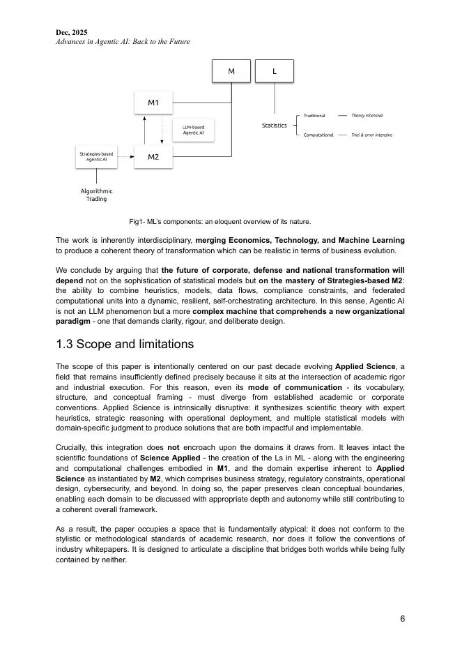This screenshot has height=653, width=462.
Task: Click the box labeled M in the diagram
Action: click(x=231, y=71)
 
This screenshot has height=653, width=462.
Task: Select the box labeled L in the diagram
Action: click(x=274, y=71)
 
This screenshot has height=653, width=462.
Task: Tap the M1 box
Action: click(x=153, y=103)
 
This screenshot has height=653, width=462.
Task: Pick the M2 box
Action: click(x=153, y=157)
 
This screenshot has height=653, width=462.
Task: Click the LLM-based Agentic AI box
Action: click(x=193, y=130)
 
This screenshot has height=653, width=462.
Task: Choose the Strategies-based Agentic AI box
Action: click(x=96, y=157)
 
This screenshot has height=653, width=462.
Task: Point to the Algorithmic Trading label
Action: click(x=96, y=195)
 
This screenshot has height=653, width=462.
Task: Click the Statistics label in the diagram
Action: click(x=274, y=126)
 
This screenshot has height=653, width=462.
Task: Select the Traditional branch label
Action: click(x=314, y=116)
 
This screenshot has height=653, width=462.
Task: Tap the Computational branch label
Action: click(x=318, y=135)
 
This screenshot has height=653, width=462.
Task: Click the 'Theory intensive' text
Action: click(x=367, y=116)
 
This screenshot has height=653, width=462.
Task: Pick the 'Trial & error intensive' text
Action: click(x=371, y=135)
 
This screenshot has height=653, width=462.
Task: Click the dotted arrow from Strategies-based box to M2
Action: click(x=125, y=157)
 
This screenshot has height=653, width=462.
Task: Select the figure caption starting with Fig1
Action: click(x=220, y=222)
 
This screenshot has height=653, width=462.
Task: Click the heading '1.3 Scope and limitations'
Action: click(x=125, y=344)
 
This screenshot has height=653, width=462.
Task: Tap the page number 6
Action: click(x=402, y=619)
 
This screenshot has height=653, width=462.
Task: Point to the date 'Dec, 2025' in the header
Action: click(x=72, y=32)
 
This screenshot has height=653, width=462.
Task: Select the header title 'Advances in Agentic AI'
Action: click(x=123, y=42)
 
